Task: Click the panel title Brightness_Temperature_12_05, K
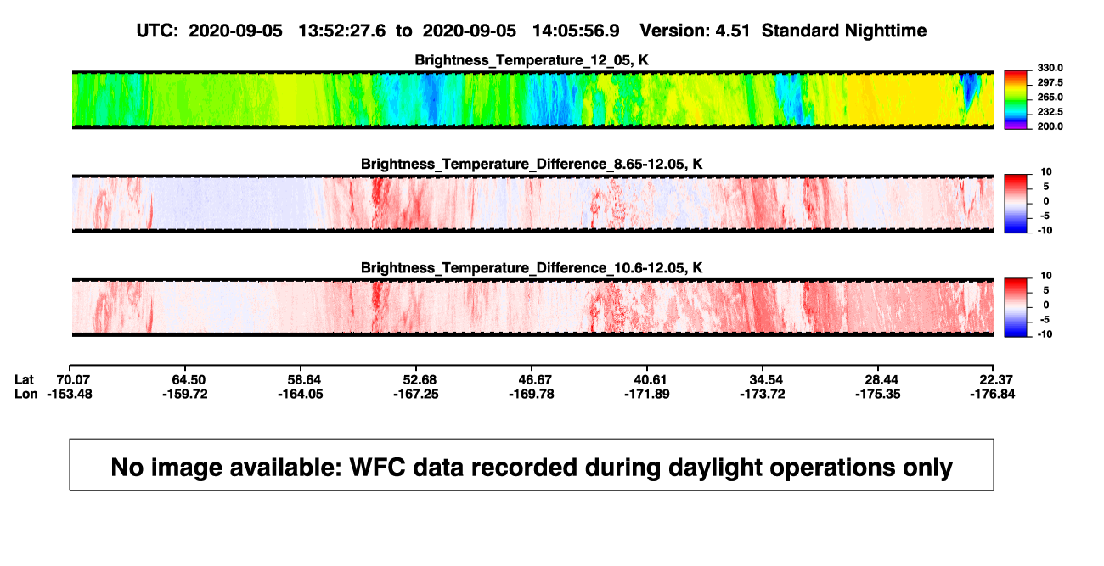(x=532, y=60)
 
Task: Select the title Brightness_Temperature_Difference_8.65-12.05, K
(x=532, y=164)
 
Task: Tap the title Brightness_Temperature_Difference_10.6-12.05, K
(x=532, y=268)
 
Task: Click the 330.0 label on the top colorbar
(x=1050, y=68)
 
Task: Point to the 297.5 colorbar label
(x=1050, y=82)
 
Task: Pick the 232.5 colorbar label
(x=1050, y=112)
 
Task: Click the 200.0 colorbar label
(x=1050, y=126)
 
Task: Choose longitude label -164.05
(x=301, y=394)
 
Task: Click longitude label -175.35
(x=878, y=394)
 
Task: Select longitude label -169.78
(x=532, y=394)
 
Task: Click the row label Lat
(x=24, y=380)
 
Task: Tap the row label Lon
(x=25, y=394)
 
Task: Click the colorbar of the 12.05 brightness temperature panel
(x=1016, y=100)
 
